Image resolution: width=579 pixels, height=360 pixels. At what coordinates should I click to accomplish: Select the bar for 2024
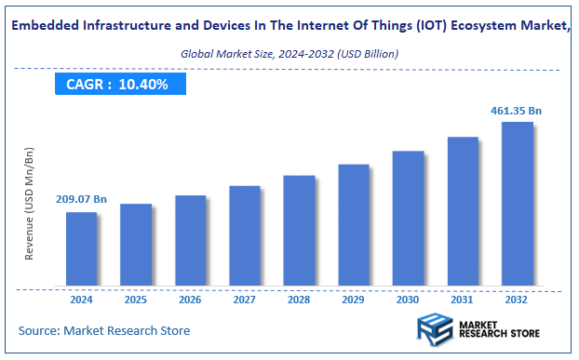[81, 248]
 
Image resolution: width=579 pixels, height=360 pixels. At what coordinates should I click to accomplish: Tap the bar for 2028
[299, 230]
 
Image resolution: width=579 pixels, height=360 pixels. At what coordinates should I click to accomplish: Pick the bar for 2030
[408, 218]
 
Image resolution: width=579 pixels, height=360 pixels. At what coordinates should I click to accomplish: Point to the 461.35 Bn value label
[516, 111]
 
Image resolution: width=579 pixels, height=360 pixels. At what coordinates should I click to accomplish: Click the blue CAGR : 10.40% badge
[119, 85]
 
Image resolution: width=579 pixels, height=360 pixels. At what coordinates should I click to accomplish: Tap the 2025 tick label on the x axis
[136, 300]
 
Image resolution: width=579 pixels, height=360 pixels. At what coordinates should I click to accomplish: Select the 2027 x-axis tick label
[245, 300]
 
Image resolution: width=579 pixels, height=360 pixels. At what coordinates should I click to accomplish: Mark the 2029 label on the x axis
[354, 300]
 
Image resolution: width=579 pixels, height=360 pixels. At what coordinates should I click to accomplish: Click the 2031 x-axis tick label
[463, 300]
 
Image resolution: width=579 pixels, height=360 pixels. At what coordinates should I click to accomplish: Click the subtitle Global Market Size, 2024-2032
[289, 54]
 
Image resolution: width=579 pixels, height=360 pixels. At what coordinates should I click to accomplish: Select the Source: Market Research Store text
[104, 330]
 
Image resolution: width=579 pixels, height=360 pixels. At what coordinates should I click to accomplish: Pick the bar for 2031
[463, 211]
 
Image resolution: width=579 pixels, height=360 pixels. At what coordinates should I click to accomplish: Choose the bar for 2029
[354, 224]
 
